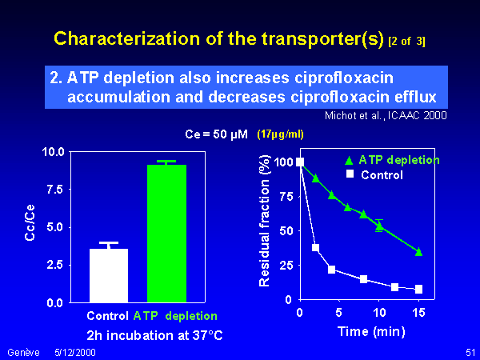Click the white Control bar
tap(109, 275)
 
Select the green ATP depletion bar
tap(167, 234)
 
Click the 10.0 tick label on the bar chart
tap(54, 151)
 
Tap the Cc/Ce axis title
tap(30, 222)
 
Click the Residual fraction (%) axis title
tap(264, 221)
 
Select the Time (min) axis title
tap(371, 332)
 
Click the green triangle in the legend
tap(349, 160)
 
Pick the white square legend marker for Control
tap(350, 174)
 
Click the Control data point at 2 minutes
tap(316, 248)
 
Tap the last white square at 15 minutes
tap(418, 289)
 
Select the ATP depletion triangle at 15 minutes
tap(418, 252)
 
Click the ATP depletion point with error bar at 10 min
tap(379, 226)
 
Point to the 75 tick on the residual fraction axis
tap(286, 196)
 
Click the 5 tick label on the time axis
tap(339, 313)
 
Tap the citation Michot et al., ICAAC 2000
tap(386, 116)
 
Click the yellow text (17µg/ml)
tap(281, 134)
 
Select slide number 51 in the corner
tap(470, 352)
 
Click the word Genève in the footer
tap(23, 352)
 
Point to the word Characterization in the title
tap(126, 39)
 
